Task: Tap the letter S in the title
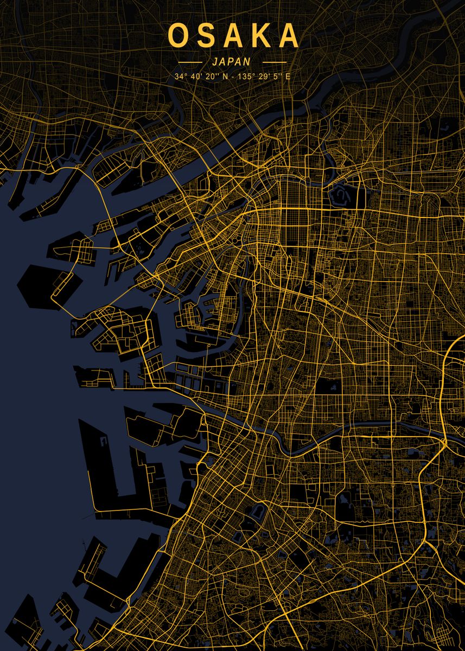click(x=205, y=35)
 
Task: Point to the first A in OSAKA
click(x=232, y=35)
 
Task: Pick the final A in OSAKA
click(x=287, y=35)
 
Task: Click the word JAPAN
click(x=232, y=62)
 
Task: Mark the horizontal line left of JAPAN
click(x=190, y=62)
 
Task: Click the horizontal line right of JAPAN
click(x=274, y=62)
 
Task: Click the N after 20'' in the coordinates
click(x=225, y=76)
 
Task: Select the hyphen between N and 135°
click(x=232, y=76)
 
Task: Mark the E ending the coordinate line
click(x=288, y=76)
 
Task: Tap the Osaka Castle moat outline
click(x=340, y=194)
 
